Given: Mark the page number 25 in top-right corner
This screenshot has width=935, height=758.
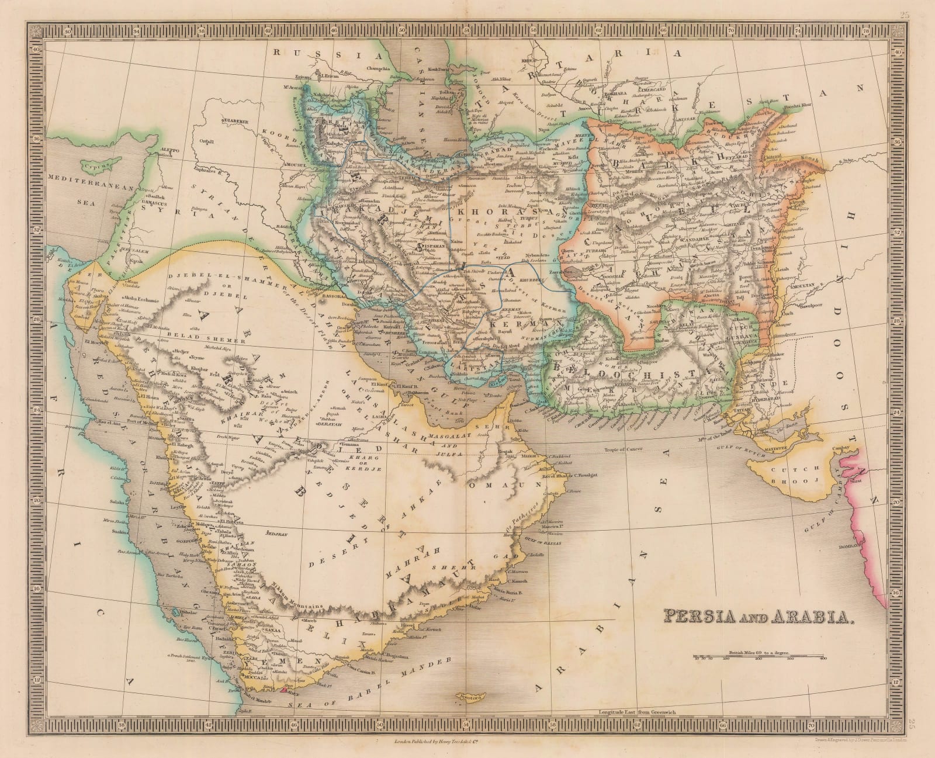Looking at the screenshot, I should (x=917, y=12).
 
